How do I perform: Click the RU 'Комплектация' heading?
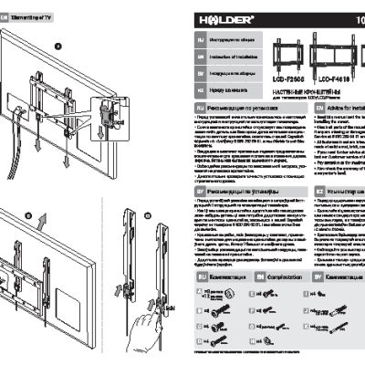[209, 274]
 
